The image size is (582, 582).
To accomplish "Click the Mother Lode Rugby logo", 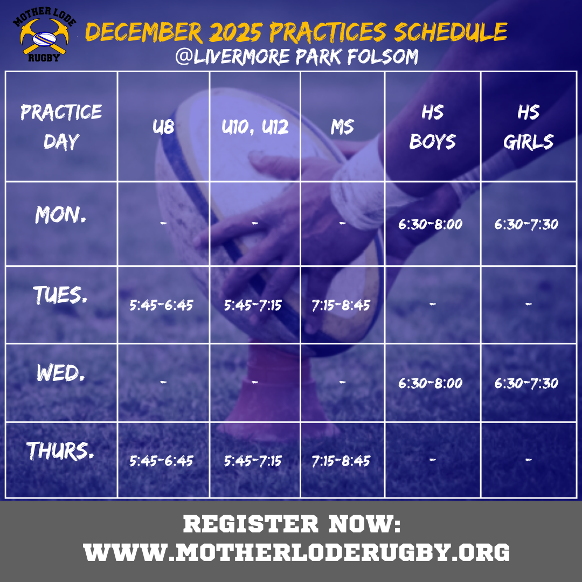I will click(x=44, y=35).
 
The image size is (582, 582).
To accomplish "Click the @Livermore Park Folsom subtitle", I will click(x=296, y=57).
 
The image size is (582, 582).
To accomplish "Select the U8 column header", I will click(x=164, y=128).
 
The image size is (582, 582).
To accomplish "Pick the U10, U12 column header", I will click(x=255, y=128).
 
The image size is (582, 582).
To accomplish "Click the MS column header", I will click(x=342, y=128).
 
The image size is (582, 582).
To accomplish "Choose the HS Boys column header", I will click(x=432, y=127).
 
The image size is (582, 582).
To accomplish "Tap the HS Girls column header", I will click(x=528, y=127).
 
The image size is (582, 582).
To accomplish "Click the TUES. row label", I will click(x=60, y=294).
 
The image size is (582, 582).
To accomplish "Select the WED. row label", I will click(x=60, y=373).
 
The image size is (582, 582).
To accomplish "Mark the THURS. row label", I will click(x=60, y=452).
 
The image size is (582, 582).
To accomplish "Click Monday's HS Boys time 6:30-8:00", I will click(x=431, y=224).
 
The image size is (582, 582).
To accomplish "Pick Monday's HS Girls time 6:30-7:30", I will click(x=526, y=224).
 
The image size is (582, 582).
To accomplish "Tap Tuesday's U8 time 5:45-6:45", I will click(x=161, y=306).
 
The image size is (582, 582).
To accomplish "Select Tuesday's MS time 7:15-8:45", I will click(x=341, y=306).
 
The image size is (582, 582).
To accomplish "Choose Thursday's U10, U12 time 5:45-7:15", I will click(x=253, y=461).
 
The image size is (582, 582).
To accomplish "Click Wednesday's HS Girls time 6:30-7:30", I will click(x=526, y=384).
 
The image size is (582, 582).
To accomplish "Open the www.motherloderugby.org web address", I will click(x=296, y=552).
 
